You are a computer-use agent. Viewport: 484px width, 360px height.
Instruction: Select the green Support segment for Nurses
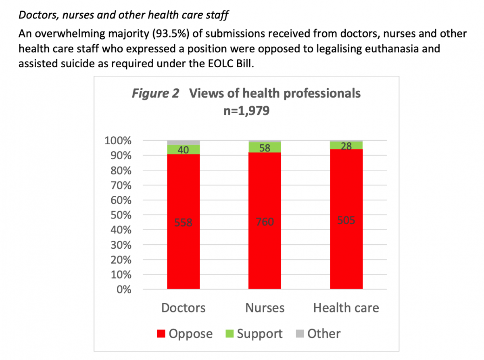click(x=265, y=148)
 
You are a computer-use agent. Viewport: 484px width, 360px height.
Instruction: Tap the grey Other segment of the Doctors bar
click(x=184, y=142)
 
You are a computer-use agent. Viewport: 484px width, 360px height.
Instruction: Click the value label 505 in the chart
click(x=346, y=221)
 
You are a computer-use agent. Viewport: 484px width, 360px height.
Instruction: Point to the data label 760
click(x=265, y=222)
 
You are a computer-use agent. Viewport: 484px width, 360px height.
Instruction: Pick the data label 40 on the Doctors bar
click(x=184, y=150)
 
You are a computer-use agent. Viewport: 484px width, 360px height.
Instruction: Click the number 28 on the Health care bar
click(x=346, y=146)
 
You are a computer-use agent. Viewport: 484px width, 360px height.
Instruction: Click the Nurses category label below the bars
click(x=265, y=308)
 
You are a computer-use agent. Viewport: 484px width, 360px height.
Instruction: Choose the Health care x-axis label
click(x=346, y=308)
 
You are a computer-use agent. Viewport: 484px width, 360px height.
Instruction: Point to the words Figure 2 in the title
click(x=155, y=94)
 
